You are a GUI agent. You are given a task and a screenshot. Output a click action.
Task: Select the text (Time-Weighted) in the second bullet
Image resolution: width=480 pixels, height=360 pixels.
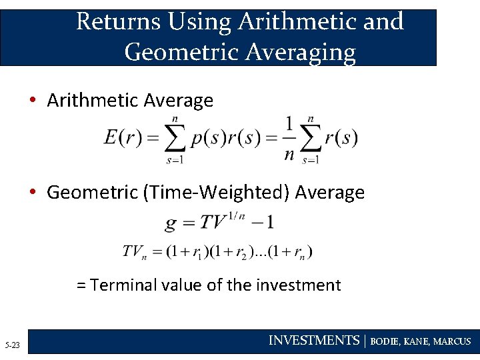pyautogui.click(x=217, y=193)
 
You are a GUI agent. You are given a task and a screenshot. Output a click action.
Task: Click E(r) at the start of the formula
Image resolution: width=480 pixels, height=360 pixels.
pyautogui.click(x=122, y=138)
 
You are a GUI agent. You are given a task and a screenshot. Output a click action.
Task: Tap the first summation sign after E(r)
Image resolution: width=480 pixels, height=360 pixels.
pyautogui.click(x=175, y=139)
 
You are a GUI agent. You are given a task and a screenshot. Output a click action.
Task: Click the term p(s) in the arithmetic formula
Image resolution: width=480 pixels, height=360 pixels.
pyautogui.click(x=205, y=138)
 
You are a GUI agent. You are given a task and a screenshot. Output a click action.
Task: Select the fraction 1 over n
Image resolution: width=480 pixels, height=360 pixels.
pyautogui.click(x=289, y=139)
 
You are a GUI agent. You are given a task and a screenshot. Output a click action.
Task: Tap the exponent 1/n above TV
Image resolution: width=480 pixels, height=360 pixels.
pyautogui.click(x=237, y=215)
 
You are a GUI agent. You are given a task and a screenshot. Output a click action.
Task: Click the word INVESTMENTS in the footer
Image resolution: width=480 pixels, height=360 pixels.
pyautogui.click(x=313, y=341)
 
